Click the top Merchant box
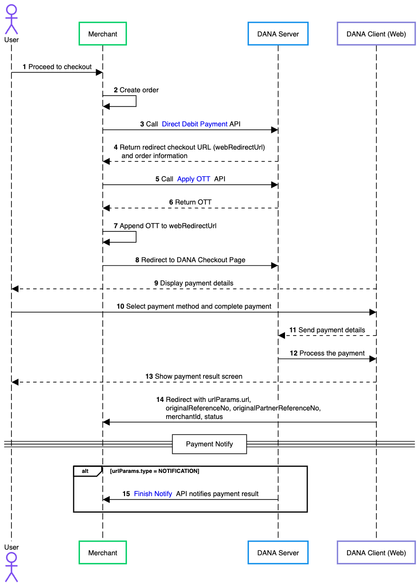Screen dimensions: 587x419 103,34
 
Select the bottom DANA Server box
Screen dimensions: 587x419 278,552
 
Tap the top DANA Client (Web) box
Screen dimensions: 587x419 376,34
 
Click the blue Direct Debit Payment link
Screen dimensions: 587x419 195,124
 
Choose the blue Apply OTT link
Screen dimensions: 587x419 194,179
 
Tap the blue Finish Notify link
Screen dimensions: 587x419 153,494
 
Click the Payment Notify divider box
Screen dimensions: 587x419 209,444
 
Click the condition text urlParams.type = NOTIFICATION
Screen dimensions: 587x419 154,471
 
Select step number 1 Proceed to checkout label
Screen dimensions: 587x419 57,67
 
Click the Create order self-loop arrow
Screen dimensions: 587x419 136,101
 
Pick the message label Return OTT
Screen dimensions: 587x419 190,202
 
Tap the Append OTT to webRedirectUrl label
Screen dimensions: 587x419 165,226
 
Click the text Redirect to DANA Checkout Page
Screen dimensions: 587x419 190,260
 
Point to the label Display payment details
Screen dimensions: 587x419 194,283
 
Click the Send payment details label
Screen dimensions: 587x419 327,330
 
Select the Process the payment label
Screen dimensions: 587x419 327,353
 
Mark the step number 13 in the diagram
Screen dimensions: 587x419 149,376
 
